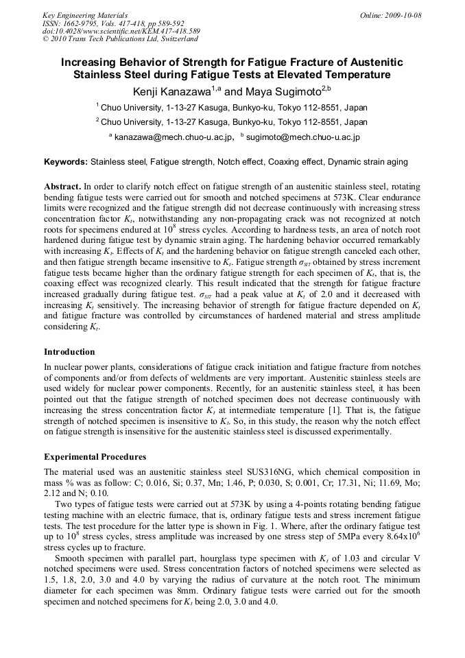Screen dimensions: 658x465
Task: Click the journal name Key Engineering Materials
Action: coord(85,15)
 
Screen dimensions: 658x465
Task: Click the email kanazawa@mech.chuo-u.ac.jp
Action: coord(173,137)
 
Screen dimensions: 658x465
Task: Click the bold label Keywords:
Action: coord(66,163)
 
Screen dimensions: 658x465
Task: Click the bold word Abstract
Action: coord(62,187)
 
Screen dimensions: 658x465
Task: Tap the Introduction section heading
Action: coord(69,352)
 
